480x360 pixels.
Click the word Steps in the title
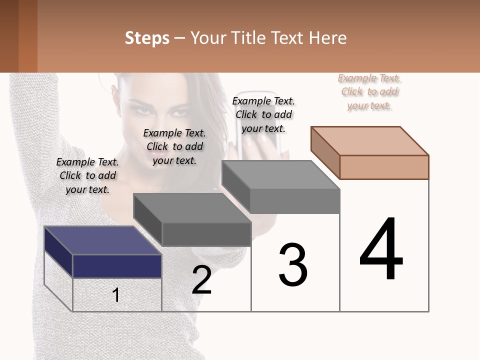point(147,38)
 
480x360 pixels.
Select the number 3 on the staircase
point(293,265)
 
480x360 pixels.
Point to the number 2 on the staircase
point(202,280)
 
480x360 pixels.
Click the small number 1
point(116,295)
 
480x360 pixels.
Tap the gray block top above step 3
point(280,175)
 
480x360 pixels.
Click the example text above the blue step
point(87,175)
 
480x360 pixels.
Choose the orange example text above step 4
point(369,91)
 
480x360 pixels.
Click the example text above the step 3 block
point(263,114)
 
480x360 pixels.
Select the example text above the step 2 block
point(174,146)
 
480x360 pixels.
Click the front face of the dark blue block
point(117,266)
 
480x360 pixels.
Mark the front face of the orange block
point(384,167)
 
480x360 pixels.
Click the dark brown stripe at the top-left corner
point(9,36)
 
